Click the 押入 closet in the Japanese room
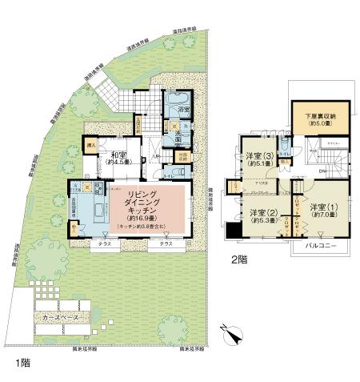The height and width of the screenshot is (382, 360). point(91,146)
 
